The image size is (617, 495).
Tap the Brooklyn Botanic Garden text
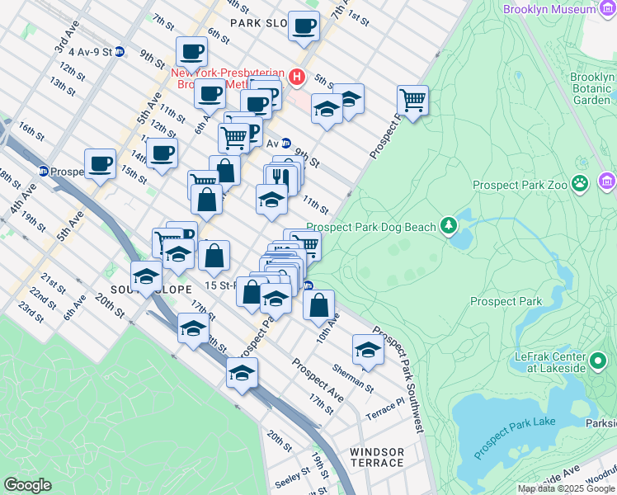pos(591,88)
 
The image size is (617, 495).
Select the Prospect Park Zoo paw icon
pos(581,183)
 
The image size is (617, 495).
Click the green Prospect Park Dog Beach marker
pos(449,224)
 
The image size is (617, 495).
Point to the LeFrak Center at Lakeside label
pos(542,361)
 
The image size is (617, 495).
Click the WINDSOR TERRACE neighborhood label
pos(377,457)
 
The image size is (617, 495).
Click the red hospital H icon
pos(297,78)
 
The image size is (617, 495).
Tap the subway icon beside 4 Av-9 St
pos(120,51)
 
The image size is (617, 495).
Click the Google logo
pos(27,485)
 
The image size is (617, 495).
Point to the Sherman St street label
pos(354,379)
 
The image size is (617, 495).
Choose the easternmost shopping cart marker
pos(412,101)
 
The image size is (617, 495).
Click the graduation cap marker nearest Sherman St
pos(368,351)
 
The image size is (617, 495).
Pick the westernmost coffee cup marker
pos(101,163)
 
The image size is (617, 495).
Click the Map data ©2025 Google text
pos(565,488)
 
